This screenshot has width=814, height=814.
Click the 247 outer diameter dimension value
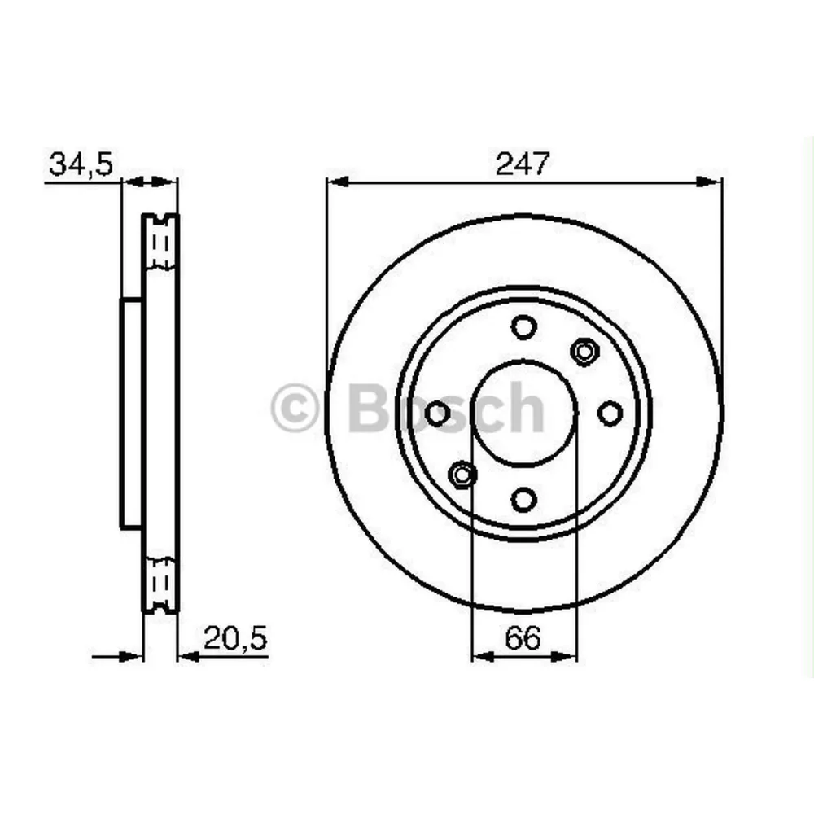tap(524, 164)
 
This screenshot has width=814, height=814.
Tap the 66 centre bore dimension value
tap(523, 638)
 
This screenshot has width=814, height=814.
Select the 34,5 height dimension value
tap(80, 164)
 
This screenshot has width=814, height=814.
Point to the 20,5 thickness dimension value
tap(235, 638)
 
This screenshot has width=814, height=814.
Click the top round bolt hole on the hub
tap(524, 327)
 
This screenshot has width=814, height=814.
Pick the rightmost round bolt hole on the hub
tap(610, 414)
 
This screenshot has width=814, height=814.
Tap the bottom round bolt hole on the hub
tap(524, 498)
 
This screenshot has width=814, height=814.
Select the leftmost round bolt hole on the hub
tap(438, 414)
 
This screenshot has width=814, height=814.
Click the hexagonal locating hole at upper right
tap(584, 351)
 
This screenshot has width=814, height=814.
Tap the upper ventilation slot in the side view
tap(160, 243)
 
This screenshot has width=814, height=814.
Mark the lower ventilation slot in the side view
tap(160, 583)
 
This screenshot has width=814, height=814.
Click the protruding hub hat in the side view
tap(131, 414)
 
